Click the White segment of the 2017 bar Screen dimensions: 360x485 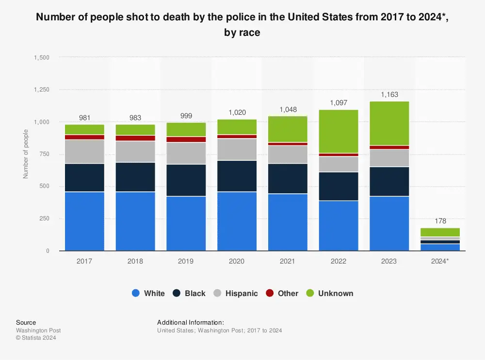click(x=84, y=221)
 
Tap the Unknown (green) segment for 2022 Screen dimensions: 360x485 click(x=338, y=131)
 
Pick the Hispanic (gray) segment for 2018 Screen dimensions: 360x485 click(x=135, y=152)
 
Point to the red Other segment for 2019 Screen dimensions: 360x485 click(x=186, y=140)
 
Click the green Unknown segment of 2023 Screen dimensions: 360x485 click(x=389, y=123)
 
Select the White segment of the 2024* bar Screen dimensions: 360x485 click(x=439, y=247)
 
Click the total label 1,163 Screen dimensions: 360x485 click(x=389, y=95)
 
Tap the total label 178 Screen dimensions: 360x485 click(x=439, y=221)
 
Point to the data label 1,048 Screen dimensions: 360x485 click(x=288, y=110)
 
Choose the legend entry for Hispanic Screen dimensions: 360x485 click(x=236, y=293)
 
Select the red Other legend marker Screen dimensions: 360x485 click(x=269, y=293)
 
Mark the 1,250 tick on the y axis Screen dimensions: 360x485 click(x=41, y=90)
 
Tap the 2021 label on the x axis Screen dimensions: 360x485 click(x=288, y=261)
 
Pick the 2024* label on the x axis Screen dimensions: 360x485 click(x=439, y=261)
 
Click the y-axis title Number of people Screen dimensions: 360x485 click(x=26, y=154)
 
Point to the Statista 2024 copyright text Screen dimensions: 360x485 click(x=36, y=338)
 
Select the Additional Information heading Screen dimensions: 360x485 click(x=191, y=322)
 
